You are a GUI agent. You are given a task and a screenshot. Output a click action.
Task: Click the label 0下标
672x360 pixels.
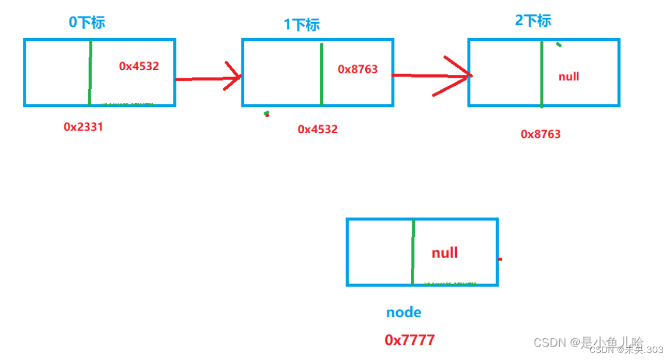coord(87,22)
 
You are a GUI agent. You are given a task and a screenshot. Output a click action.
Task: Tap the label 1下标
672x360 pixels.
coord(302,25)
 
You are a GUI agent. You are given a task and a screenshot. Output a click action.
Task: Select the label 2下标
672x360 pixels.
coord(532,20)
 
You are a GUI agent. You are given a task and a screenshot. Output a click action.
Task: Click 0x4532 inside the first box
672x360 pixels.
coord(138,66)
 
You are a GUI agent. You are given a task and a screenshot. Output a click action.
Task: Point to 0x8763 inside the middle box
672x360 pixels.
coord(358,69)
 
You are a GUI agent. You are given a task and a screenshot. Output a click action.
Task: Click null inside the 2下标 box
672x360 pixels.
coord(569,77)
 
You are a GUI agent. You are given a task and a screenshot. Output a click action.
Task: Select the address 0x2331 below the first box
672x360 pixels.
coord(83,126)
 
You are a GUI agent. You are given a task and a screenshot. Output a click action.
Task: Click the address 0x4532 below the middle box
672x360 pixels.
coord(317,129)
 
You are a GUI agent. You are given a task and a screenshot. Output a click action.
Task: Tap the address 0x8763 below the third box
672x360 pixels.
coord(541,134)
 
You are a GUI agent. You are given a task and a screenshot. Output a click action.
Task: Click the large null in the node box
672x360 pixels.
coord(445,252)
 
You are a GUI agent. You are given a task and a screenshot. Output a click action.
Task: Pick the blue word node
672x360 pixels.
coord(404,312)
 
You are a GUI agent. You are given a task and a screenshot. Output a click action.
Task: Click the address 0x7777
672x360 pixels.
coord(410,340)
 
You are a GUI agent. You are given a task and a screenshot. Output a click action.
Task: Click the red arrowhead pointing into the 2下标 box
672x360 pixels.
coord(459,75)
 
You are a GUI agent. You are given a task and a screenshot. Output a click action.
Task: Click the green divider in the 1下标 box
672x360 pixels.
coord(321,73)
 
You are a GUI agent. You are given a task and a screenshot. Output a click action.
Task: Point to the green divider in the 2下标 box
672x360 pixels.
coord(542,74)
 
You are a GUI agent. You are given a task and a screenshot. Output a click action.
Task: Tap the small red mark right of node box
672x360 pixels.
coord(500,259)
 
